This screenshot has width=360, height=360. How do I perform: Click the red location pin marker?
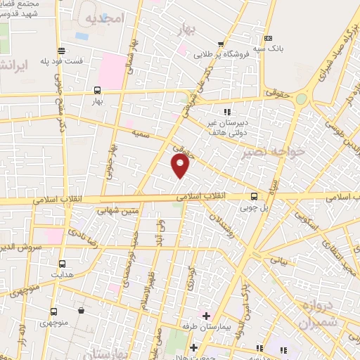(181, 166)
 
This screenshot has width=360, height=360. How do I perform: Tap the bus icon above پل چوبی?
(254, 197)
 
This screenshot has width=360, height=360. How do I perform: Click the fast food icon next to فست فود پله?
(63, 51)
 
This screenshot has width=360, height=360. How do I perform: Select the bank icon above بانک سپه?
(266, 39)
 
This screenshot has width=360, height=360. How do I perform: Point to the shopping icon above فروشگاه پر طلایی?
(221, 44)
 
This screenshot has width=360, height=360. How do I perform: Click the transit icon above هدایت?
(62, 264)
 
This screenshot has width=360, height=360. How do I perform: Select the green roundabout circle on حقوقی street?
(301, 99)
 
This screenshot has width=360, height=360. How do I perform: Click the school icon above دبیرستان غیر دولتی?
(226, 112)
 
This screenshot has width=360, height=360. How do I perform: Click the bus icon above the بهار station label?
(97, 90)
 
